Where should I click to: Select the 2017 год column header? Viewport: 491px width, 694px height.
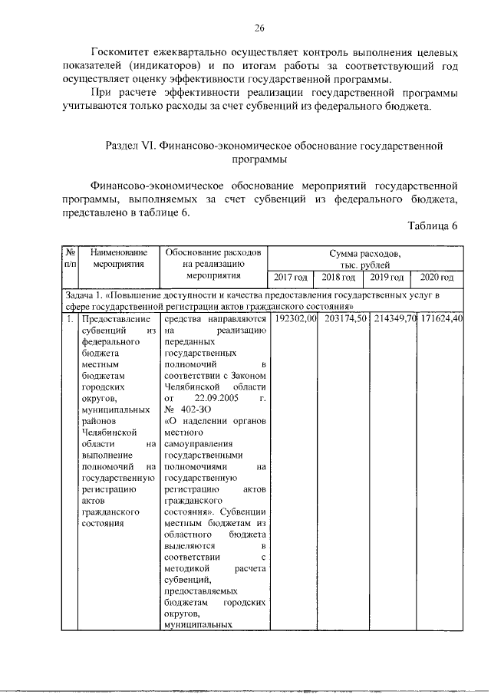[292, 277]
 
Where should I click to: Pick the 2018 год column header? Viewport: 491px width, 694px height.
[338, 277]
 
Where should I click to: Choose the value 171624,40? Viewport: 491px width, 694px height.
[440, 318]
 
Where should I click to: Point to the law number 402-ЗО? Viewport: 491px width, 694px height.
[195, 409]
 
